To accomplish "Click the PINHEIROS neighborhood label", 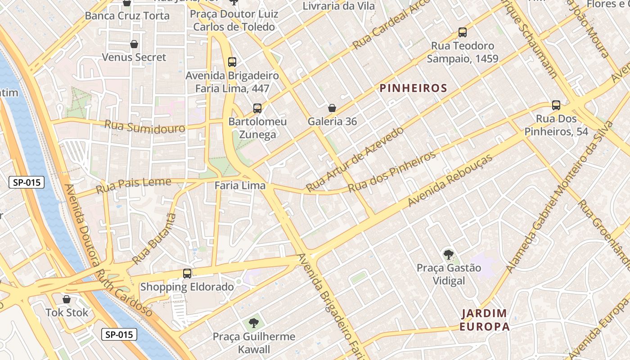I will (x=413, y=88).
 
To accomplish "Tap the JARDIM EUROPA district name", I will (x=484, y=319).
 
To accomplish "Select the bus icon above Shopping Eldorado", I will (x=187, y=273).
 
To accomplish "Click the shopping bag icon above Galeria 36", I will (x=332, y=108).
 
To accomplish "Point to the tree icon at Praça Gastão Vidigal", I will (x=448, y=255).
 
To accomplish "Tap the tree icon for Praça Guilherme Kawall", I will (x=254, y=323).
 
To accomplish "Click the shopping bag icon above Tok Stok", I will (x=67, y=299).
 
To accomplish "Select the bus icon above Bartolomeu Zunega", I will (x=257, y=108).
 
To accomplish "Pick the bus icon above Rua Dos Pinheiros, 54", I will (x=556, y=105).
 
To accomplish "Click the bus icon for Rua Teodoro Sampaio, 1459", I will (x=463, y=32).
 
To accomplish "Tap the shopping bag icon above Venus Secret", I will (x=134, y=44).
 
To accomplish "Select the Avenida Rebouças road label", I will (x=450, y=180).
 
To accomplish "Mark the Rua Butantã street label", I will (x=154, y=238).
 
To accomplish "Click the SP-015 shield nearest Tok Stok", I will (x=119, y=334).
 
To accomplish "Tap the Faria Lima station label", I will (x=240, y=185).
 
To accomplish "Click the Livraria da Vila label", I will (x=338, y=6).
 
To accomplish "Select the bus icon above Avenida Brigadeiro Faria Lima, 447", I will (x=232, y=62).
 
